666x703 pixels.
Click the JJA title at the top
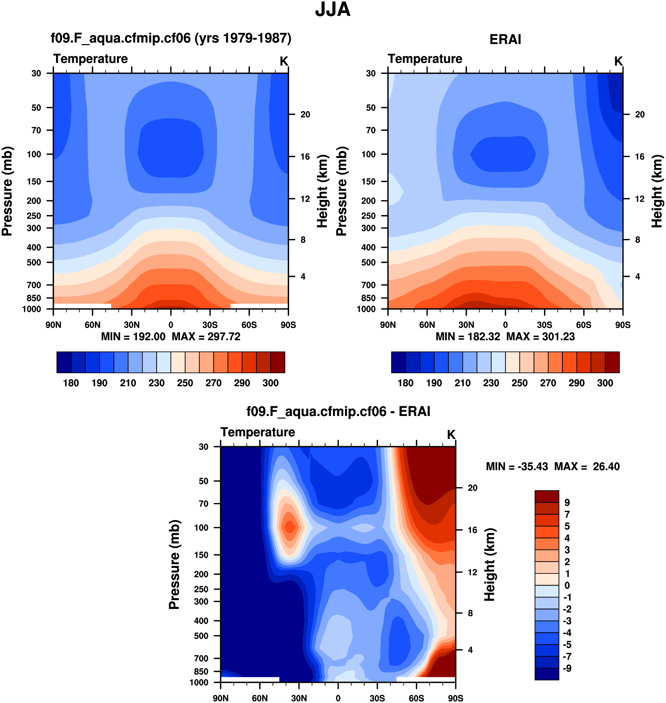[333, 10]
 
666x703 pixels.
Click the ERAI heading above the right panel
[505, 40]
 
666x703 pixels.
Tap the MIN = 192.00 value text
[133, 337]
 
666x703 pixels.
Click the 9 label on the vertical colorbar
[567, 503]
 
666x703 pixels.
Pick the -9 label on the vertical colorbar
[567, 668]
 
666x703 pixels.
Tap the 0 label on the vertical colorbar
[567, 585]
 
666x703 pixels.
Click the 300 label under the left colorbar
[270, 383]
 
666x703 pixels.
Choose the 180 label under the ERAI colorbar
[405, 383]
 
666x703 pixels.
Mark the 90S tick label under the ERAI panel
[623, 325]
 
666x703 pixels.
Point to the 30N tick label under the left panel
[132, 325]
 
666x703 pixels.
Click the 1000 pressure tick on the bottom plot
[199, 682]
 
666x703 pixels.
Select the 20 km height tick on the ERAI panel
[639, 114]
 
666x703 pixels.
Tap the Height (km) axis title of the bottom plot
[489, 564]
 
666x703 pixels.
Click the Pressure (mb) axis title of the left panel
[7, 191]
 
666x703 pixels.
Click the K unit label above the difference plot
[451, 435]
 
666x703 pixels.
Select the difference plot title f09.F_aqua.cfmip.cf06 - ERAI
[338, 412]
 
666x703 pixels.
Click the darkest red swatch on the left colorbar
[278, 362]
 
